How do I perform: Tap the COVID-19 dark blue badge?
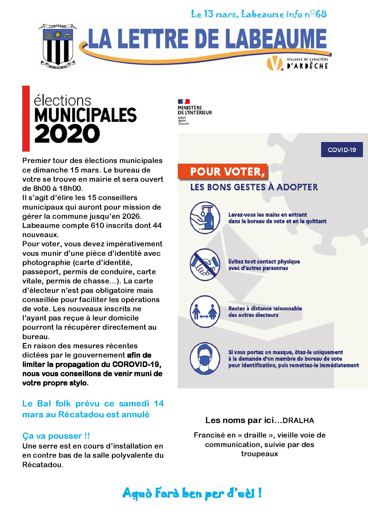[x=342, y=150]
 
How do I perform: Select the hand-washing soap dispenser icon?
[x=205, y=218]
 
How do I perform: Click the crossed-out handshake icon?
[x=205, y=265]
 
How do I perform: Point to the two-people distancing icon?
[x=205, y=312]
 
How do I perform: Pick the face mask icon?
[x=205, y=358]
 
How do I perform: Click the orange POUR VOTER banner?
[x=222, y=172]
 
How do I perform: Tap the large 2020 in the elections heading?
[x=67, y=134]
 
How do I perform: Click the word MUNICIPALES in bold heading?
[x=85, y=115]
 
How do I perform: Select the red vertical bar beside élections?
[x=26, y=119]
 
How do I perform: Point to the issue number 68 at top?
[x=321, y=14]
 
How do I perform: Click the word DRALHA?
[x=298, y=420]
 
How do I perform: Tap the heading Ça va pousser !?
[x=56, y=436]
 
